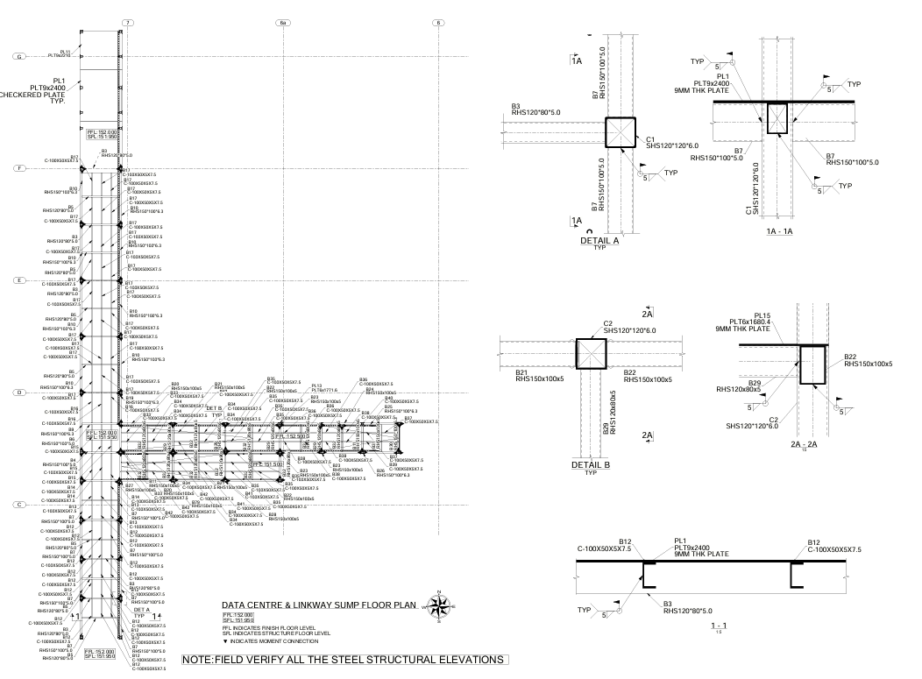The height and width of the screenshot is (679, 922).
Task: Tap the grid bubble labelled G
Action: [x=18, y=57]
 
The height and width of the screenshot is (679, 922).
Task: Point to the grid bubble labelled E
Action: [x=18, y=280]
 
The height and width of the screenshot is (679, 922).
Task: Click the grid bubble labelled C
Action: [x=18, y=505]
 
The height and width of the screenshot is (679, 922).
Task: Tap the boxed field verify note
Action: [x=344, y=659]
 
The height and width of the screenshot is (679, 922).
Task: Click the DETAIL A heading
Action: [x=599, y=239]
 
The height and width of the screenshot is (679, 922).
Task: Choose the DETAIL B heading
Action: [x=596, y=463]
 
